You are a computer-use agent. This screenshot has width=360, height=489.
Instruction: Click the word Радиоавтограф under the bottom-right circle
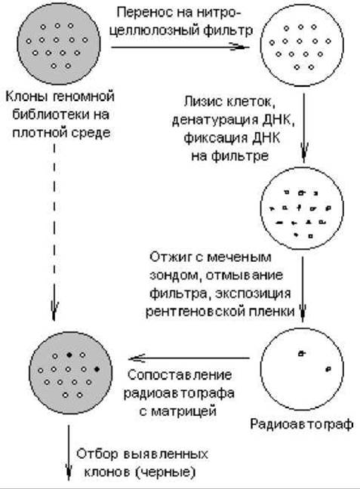pos(302,424)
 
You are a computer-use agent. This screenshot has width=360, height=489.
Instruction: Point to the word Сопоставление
pos(180,375)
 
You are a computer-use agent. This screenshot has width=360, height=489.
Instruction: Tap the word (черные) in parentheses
pos(165,472)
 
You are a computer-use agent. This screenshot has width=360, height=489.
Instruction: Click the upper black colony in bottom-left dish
pos(69,355)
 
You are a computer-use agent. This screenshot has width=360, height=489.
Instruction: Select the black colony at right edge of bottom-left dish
pos(97,369)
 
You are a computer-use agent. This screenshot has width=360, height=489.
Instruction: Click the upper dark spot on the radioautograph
pos(302,353)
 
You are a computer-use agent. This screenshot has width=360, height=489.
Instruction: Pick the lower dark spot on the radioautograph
pos(328,369)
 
